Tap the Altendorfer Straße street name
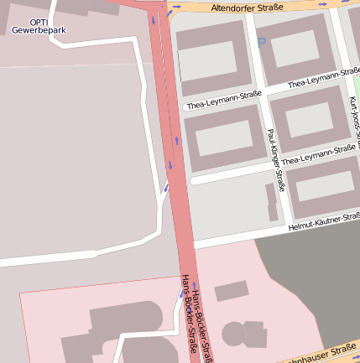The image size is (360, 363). [248, 8]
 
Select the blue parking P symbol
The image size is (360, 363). [261, 43]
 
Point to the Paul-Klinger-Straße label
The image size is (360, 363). [274, 159]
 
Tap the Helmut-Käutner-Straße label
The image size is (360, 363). [323, 221]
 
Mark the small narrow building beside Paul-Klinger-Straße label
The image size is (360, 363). [271, 201]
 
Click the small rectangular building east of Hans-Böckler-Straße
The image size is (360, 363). [232, 291]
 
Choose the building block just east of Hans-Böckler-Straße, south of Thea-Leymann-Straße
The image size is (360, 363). [222, 138]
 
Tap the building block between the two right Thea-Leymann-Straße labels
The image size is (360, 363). [310, 118]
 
